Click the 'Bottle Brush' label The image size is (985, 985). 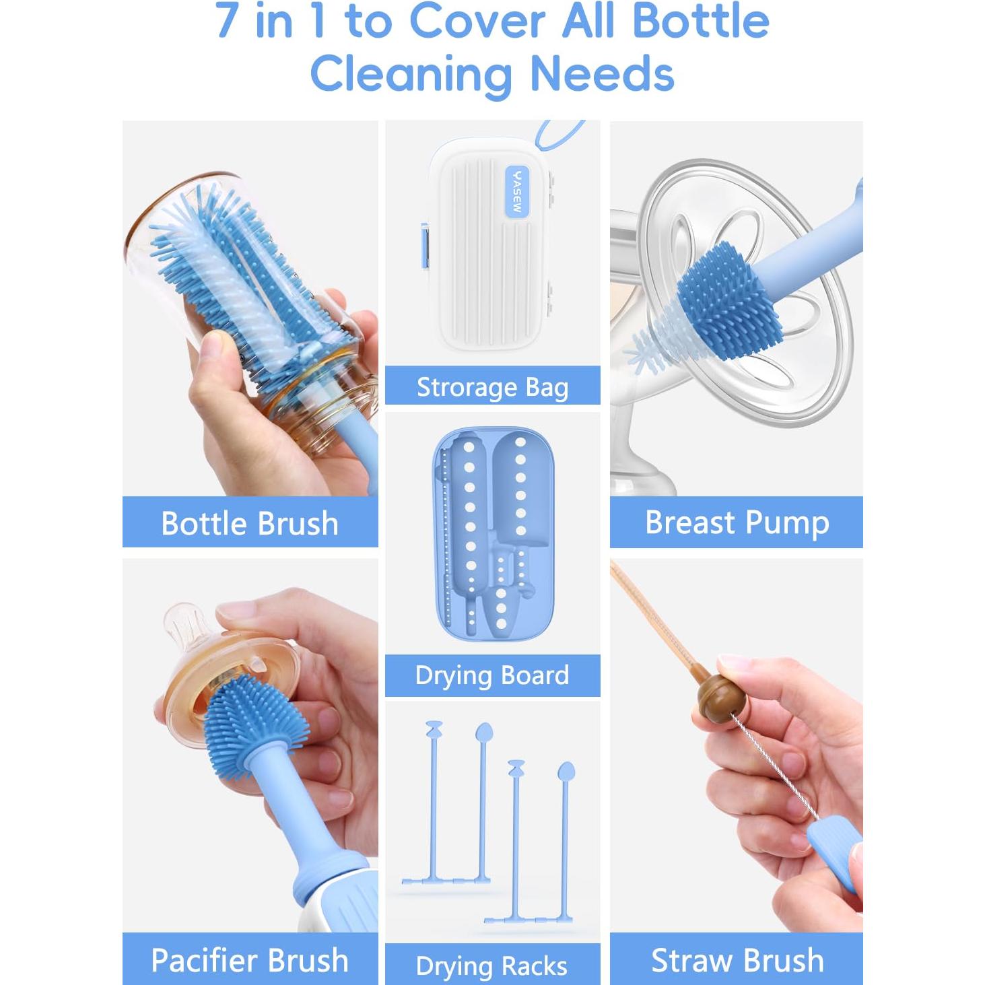(x=250, y=523)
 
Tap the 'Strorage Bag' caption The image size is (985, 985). (x=492, y=387)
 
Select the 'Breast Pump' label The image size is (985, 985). (x=737, y=522)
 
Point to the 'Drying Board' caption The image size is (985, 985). (x=492, y=675)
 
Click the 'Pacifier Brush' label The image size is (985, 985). (x=250, y=960)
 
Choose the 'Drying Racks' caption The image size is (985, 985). (x=492, y=965)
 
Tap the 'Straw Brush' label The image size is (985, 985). (x=737, y=960)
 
